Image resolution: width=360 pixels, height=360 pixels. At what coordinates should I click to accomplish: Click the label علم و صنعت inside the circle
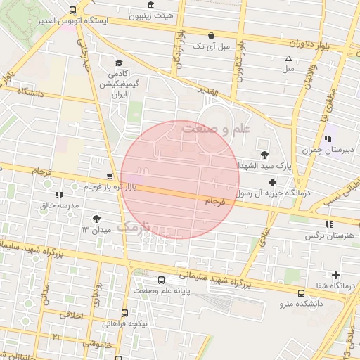pos(216,129)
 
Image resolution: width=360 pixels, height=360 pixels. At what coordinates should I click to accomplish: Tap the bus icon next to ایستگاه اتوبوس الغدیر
pos(73,10)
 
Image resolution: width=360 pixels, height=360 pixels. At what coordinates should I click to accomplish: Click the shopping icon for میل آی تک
pos(210,35)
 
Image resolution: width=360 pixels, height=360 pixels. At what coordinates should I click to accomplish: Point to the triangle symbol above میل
pos(288,58)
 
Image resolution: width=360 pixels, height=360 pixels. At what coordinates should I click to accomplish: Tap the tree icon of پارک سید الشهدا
pos(264,155)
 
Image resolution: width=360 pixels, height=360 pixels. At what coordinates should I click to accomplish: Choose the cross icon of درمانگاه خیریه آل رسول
pos(273,183)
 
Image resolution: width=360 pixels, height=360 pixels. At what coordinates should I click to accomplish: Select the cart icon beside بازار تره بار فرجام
pos(109,176)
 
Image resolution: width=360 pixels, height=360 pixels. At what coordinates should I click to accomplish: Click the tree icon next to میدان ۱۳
pos(96,219)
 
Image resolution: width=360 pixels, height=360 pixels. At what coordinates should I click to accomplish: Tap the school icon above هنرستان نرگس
pos(328,224)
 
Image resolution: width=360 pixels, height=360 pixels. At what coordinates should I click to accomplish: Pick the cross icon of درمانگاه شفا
pos(335,275)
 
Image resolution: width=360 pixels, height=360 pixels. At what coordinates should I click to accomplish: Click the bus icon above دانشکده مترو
pos(301,292)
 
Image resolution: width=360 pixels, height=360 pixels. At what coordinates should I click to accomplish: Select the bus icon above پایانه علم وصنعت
pos(161,280)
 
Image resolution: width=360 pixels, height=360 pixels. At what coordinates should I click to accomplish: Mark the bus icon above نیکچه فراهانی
pos(124,313)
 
